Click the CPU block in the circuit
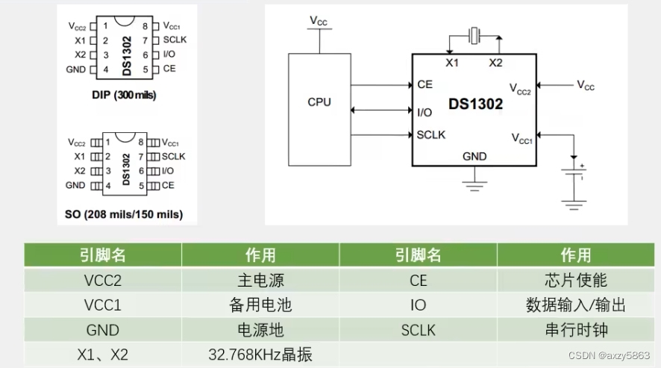319,108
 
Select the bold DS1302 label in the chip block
475,105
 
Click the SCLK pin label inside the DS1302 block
431,134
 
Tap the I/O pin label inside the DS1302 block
424,112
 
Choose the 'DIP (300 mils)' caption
124,96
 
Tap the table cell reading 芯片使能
575,281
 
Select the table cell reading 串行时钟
575,330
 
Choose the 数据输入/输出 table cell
575,305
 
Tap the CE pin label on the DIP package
169,69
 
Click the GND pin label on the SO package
75,185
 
